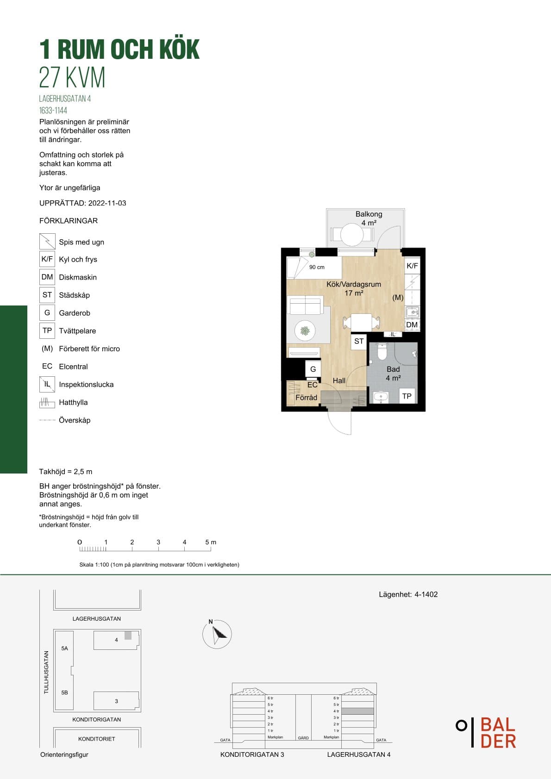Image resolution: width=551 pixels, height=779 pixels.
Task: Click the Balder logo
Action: [486, 732]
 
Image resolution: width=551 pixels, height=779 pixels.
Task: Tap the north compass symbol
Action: [217, 634]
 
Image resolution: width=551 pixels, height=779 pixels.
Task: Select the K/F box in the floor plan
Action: [412, 266]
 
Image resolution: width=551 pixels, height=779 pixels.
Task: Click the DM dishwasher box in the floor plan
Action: [412, 324]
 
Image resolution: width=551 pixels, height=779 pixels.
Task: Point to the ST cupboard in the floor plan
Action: [359, 341]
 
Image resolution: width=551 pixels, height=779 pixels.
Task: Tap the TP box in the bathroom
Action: [407, 396]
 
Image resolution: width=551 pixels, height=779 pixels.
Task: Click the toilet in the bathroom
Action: [382, 351]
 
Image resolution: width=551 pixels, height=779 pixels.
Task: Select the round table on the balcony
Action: [352, 234]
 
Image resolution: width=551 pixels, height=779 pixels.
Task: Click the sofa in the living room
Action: [306, 305]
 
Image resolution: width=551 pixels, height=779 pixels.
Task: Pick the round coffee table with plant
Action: [305, 331]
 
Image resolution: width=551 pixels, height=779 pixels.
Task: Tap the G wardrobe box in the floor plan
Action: [313, 369]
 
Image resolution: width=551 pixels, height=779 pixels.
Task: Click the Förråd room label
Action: [306, 397]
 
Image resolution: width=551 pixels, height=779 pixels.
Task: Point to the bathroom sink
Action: [381, 397]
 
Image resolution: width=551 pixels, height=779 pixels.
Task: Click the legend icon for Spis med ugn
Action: [47, 241]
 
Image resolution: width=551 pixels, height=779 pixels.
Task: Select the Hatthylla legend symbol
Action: [47, 402]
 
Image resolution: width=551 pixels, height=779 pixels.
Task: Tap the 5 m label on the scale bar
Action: [211, 542]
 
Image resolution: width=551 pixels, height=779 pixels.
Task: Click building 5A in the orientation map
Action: [64, 648]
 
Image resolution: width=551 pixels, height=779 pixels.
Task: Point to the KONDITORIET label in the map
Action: [96, 739]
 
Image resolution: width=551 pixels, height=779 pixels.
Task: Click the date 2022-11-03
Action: [107, 203]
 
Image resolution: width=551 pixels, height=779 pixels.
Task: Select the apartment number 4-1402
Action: [426, 594]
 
